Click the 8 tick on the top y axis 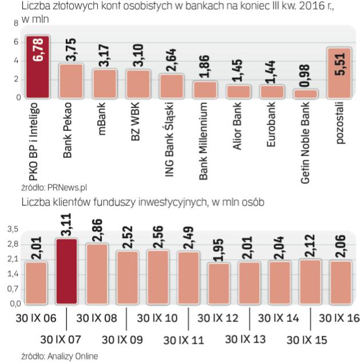coord(15,24)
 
